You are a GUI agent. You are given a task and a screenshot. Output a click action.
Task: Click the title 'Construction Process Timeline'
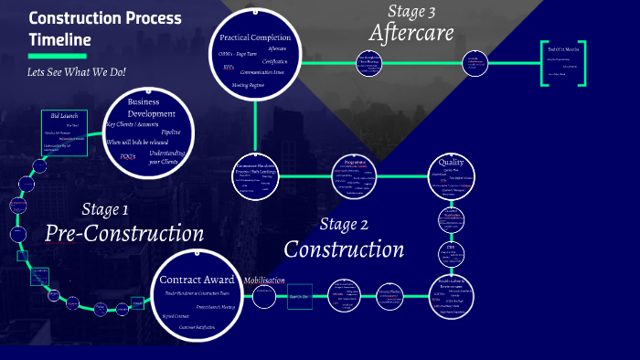(105, 29)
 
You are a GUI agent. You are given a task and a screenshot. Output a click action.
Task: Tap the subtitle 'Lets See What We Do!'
(76, 71)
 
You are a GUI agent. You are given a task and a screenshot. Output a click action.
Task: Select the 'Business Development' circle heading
(150, 108)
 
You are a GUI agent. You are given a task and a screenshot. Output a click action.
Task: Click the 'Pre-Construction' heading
(124, 234)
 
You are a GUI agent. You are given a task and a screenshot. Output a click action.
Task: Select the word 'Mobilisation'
(264, 280)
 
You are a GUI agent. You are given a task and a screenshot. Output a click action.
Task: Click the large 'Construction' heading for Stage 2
(344, 248)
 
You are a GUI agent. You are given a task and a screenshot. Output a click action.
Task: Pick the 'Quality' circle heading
(452, 163)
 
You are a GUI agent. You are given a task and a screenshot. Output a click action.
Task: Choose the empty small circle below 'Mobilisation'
(264, 296)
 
